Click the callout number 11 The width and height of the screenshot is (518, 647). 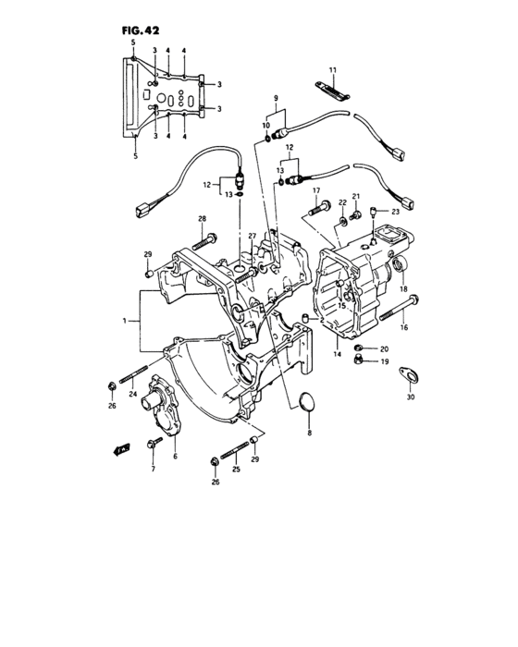[334, 71]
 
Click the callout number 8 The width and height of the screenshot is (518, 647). [310, 432]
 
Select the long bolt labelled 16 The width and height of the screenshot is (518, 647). [398, 309]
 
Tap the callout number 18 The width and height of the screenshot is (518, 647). [403, 289]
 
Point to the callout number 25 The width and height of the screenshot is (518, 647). [236, 470]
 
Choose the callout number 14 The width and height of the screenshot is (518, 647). [338, 354]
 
